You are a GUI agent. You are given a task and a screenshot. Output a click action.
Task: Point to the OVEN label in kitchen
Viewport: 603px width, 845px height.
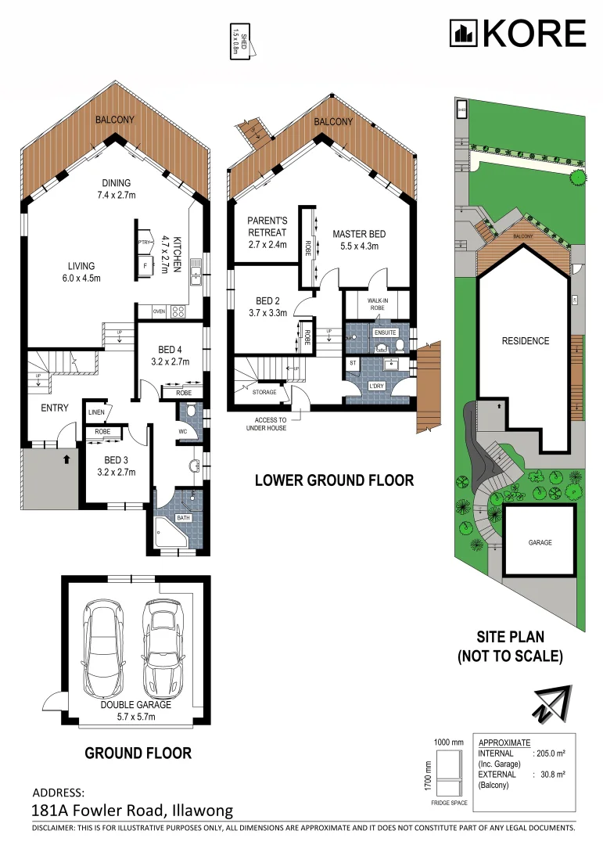point(159,311)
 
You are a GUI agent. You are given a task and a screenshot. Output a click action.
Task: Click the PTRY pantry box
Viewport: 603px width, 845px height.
point(144,243)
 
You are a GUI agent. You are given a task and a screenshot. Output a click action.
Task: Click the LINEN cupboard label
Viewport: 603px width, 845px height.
point(96,412)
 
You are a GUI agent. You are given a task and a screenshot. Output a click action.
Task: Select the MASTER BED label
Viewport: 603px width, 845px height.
point(359,239)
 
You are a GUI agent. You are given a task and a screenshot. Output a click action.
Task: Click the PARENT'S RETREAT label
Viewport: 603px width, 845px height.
point(267,226)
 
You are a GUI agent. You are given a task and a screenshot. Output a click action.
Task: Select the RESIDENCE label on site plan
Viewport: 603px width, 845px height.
point(526,341)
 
